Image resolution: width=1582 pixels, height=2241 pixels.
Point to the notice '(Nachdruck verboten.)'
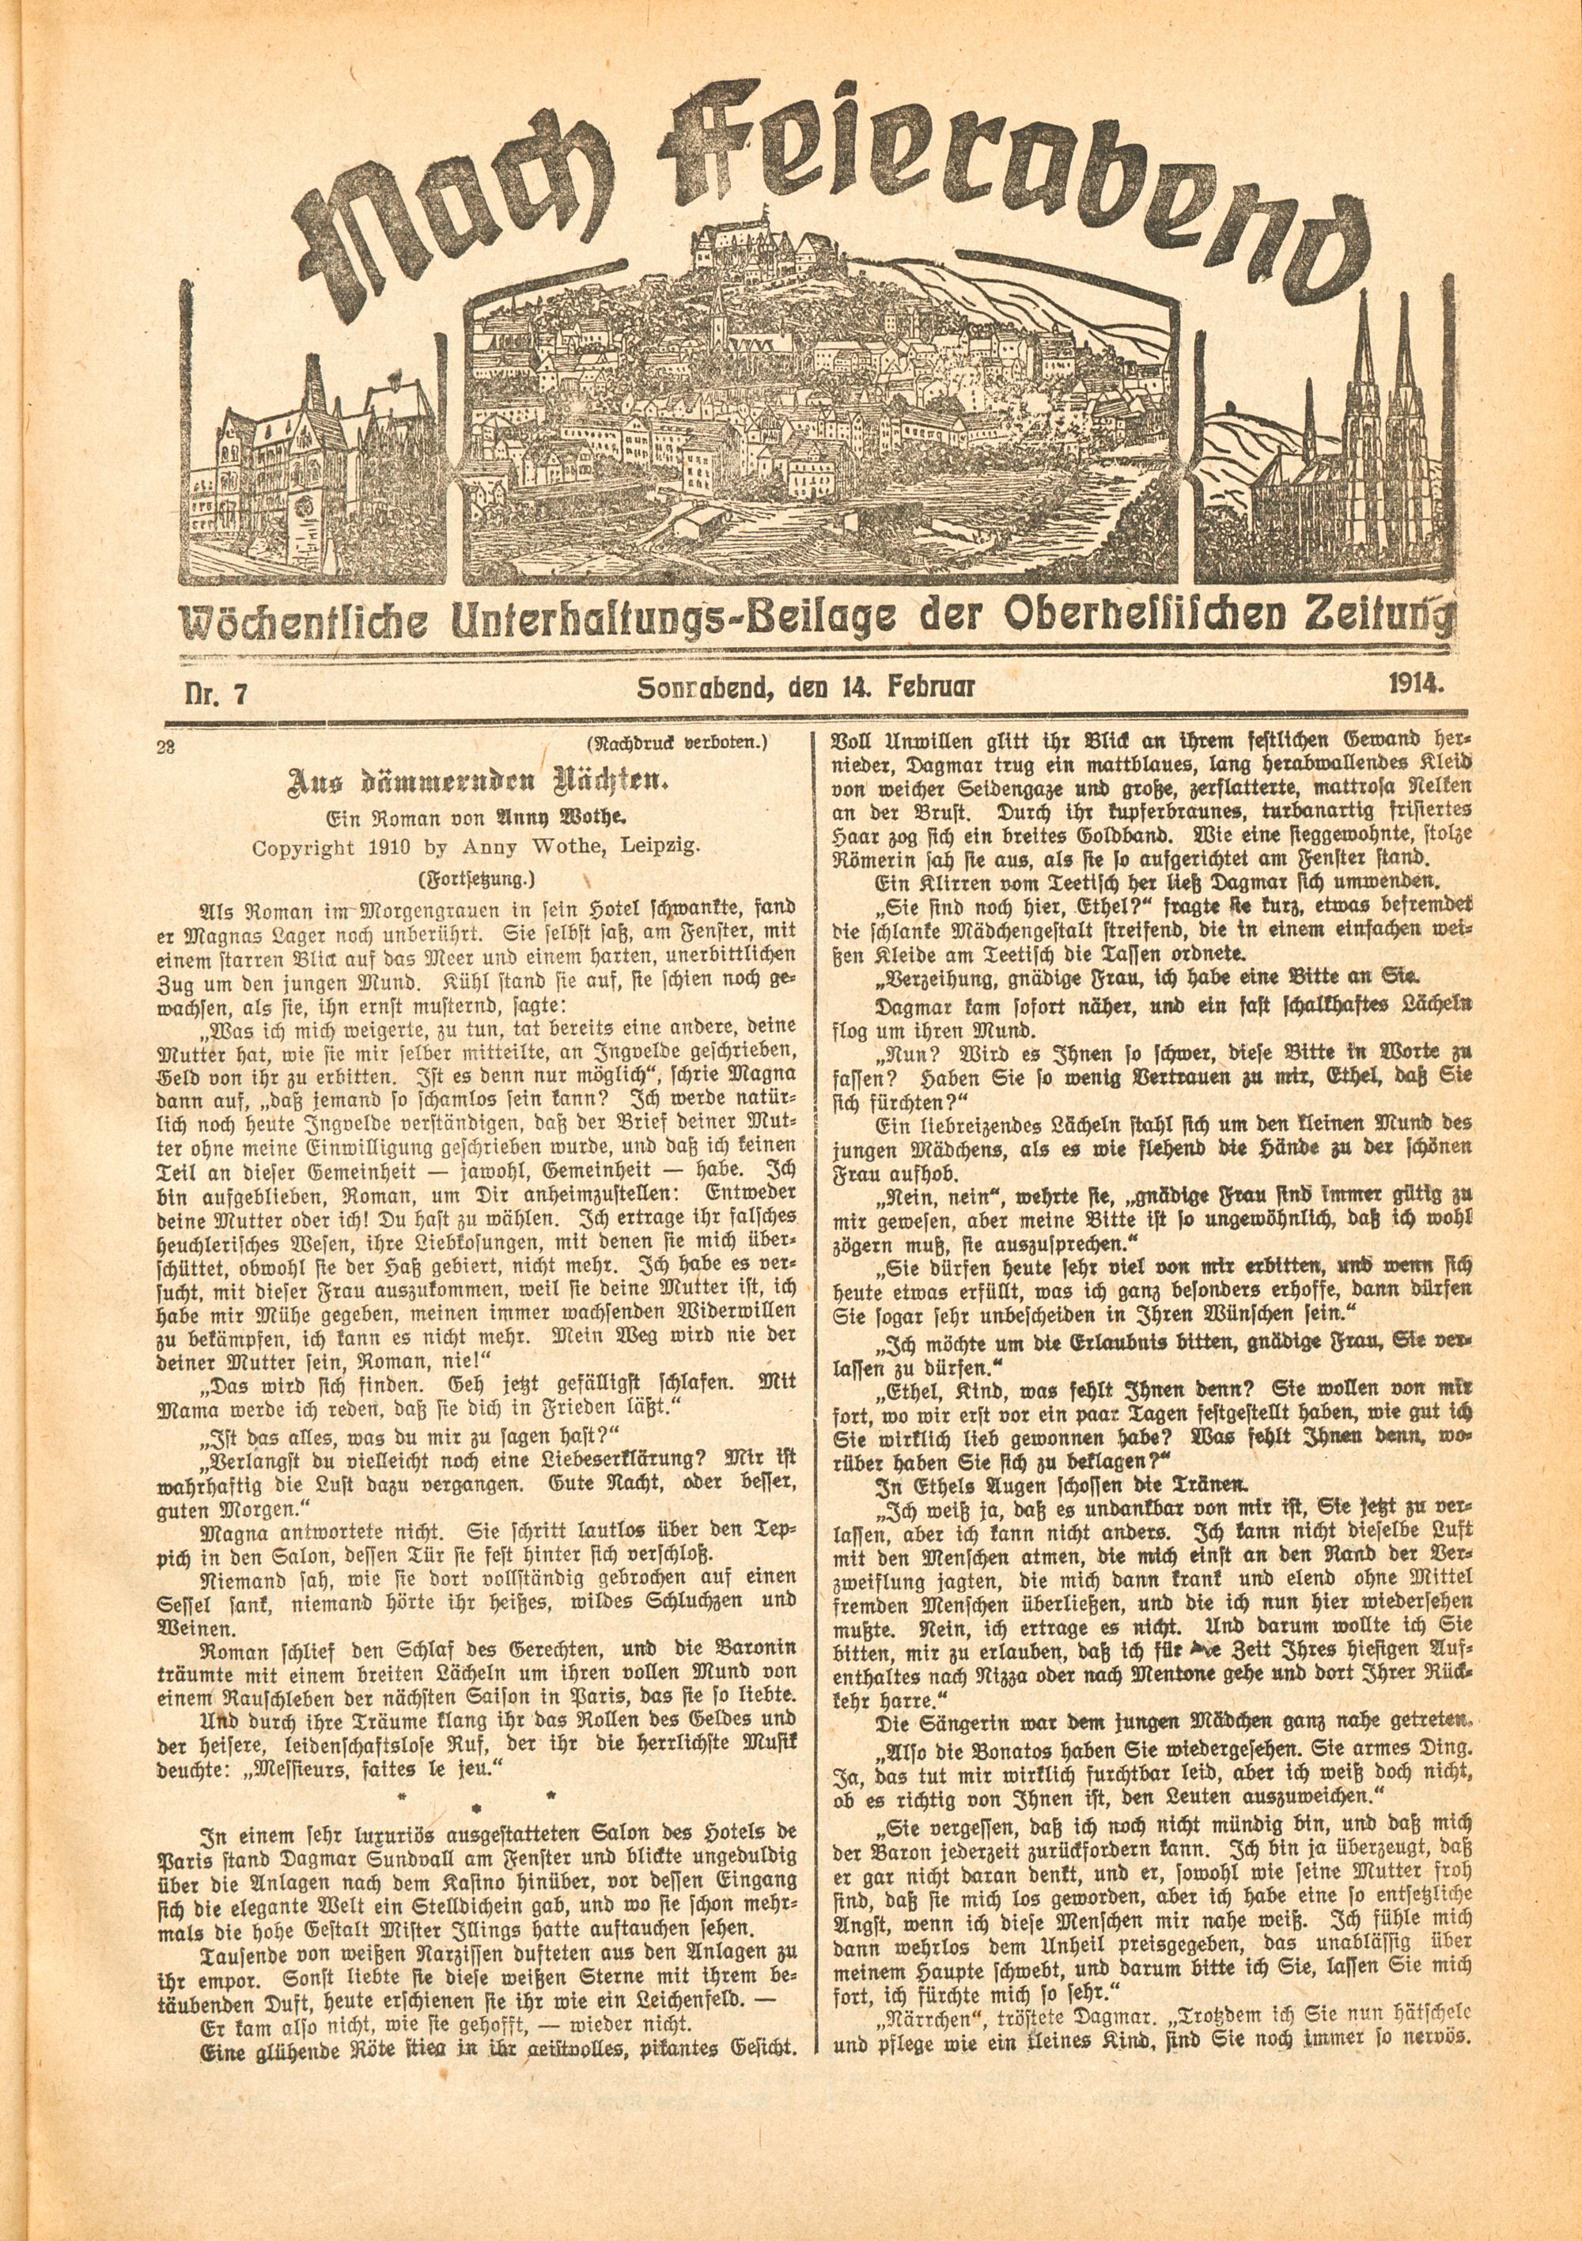point(677,744)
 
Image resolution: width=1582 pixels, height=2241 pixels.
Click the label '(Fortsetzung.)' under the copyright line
point(477,878)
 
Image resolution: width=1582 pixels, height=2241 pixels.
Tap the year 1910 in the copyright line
point(363,847)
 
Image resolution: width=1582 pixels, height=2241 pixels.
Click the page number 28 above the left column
point(164,747)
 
